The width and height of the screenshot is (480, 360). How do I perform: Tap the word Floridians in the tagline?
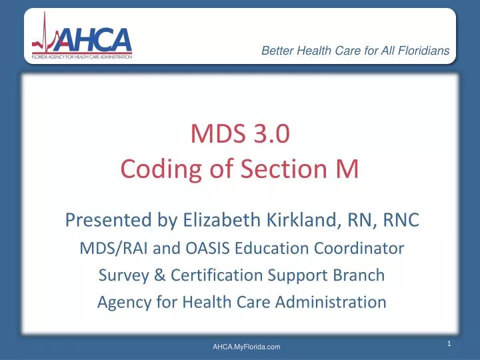point(420,51)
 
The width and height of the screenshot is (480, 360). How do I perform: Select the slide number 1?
point(450,343)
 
